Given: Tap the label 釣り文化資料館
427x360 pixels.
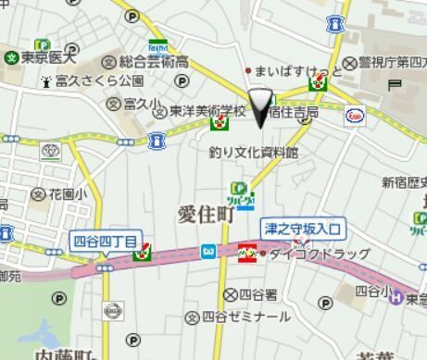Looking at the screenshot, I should [x=253, y=152].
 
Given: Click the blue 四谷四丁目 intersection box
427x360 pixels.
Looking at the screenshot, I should [x=105, y=242].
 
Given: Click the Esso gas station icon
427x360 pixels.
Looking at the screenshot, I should [x=354, y=116].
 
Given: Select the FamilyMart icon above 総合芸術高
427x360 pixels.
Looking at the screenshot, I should [x=157, y=47].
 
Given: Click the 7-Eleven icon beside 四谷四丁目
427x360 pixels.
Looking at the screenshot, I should [x=143, y=252].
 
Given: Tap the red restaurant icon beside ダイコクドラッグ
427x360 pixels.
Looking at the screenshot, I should [x=247, y=251].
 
